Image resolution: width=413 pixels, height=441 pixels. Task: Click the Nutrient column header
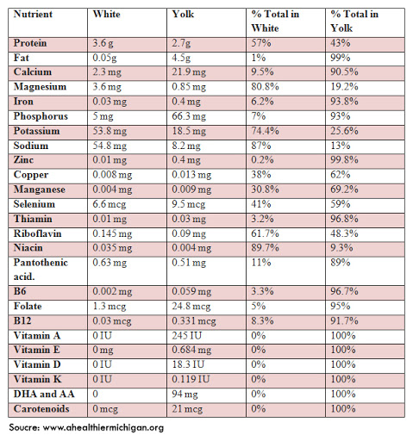33,14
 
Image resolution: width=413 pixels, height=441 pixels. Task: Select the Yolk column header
183,14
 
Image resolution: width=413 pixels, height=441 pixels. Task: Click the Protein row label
30,43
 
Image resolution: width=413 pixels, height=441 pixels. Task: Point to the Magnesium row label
40,87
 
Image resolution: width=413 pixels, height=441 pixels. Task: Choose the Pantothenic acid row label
41,270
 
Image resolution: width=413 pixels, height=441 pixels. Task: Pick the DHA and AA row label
44,394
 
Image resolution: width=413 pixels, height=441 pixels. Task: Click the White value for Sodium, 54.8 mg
110,146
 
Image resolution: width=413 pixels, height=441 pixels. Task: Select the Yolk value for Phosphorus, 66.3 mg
189,116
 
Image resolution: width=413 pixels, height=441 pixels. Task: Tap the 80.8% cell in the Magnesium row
265,87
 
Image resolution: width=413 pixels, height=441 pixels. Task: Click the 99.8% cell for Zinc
344,160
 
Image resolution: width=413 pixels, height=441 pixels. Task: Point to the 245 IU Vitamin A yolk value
187,336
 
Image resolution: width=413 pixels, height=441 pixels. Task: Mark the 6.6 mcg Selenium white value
110,204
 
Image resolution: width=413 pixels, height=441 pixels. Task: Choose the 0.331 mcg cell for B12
194,321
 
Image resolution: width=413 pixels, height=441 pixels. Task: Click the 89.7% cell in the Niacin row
265,248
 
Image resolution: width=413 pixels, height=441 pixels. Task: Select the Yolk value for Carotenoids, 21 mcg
187,409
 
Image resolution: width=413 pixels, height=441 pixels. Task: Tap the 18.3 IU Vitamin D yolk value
188,364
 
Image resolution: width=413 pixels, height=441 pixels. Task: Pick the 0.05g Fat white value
104,58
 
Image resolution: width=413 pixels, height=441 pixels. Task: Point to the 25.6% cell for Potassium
344,131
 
